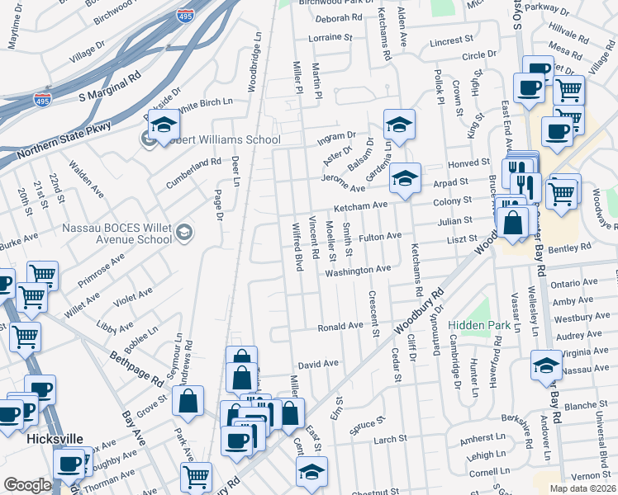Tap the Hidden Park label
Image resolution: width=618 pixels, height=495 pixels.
pos(475,326)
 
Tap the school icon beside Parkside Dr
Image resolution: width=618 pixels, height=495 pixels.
pos(164,125)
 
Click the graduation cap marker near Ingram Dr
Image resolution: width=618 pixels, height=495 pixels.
pos(400,125)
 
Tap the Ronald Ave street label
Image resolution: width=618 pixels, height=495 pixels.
pos(341,327)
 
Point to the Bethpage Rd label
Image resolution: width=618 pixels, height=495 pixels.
pos(136,368)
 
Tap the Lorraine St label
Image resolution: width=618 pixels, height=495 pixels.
pos(330,38)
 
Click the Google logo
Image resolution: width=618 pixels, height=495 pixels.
pos(27,484)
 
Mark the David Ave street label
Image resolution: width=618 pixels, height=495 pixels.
pos(318,364)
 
